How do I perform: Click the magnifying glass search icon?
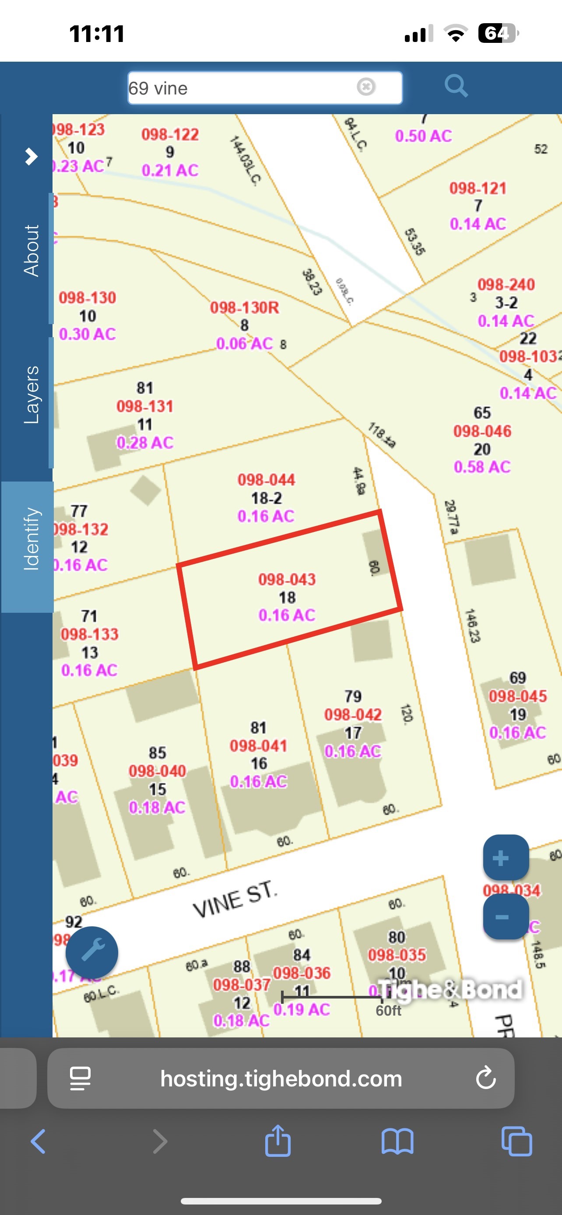[456, 86]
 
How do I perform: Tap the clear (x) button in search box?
[366, 87]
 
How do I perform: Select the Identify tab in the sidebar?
[31, 539]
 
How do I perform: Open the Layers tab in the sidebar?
[31, 395]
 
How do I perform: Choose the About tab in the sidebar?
[31, 251]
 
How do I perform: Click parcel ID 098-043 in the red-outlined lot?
[287, 579]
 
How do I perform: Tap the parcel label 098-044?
[266, 480]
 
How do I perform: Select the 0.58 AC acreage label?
[482, 467]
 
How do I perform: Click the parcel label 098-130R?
[244, 307]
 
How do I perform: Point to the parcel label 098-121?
[478, 188]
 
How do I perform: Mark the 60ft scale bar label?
[388, 1010]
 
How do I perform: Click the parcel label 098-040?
[157, 771]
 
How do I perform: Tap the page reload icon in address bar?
[485, 1078]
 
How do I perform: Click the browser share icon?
[278, 1142]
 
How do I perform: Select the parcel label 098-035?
[397, 955]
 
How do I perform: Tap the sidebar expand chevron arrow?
[31, 156]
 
